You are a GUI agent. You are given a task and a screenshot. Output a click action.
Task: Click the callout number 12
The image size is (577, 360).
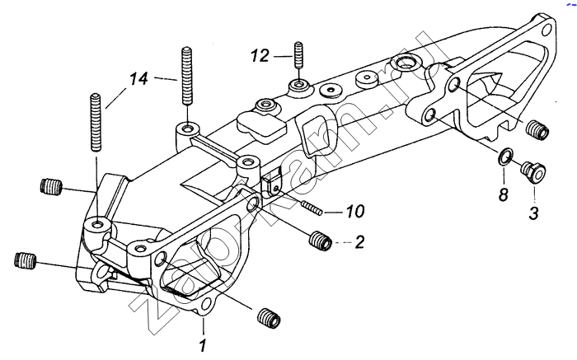click(260, 55)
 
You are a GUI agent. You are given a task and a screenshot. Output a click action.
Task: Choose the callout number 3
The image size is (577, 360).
click(532, 214)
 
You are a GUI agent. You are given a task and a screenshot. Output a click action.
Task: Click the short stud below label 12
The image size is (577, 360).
click(298, 54)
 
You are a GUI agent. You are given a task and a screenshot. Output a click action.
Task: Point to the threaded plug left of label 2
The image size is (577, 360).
click(321, 241)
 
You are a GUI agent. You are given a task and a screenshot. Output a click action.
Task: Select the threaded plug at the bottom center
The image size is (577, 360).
click(268, 316)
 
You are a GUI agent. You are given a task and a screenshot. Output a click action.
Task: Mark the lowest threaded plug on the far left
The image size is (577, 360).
click(26, 261)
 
